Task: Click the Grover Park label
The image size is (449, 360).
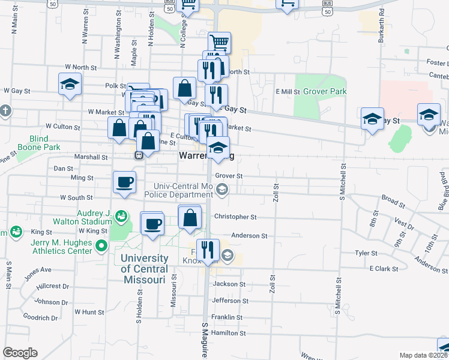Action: [325, 92]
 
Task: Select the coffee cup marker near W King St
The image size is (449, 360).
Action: [152, 224]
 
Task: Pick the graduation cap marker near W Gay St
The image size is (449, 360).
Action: [70, 85]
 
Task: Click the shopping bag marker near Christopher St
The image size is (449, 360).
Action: [190, 220]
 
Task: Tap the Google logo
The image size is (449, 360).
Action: [20, 353]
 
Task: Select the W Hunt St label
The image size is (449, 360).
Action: [89, 312]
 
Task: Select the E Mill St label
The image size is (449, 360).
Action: [288, 92]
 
